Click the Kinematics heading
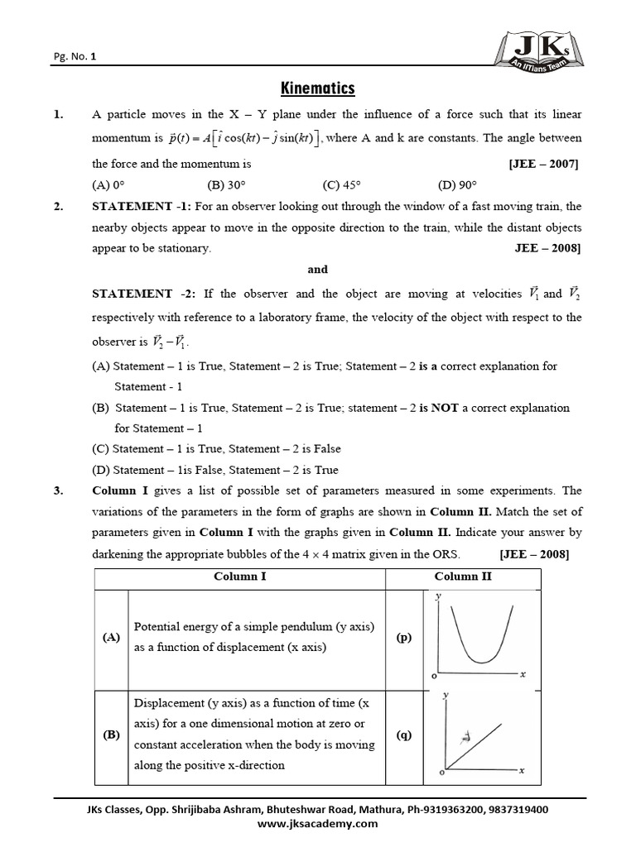[x=317, y=88]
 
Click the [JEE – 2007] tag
[x=544, y=164]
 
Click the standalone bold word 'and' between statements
[x=317, y=269]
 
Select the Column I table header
[x=240, y=576]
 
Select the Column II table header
[x=463, y=576]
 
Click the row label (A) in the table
[x=111, y=638]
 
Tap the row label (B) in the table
[x=111, y=735]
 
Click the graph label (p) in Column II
[x=403, y=637]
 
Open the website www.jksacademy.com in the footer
[x=317, y=824]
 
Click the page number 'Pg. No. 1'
[x=75, y=57]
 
